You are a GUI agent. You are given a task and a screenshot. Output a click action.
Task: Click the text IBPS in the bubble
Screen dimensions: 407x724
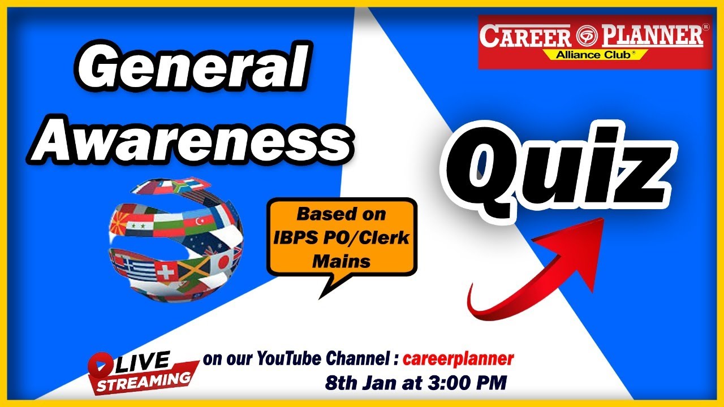click(x=295, y=238)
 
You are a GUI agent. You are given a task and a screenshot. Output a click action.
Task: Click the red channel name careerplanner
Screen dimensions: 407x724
click(x=458, y=358)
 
